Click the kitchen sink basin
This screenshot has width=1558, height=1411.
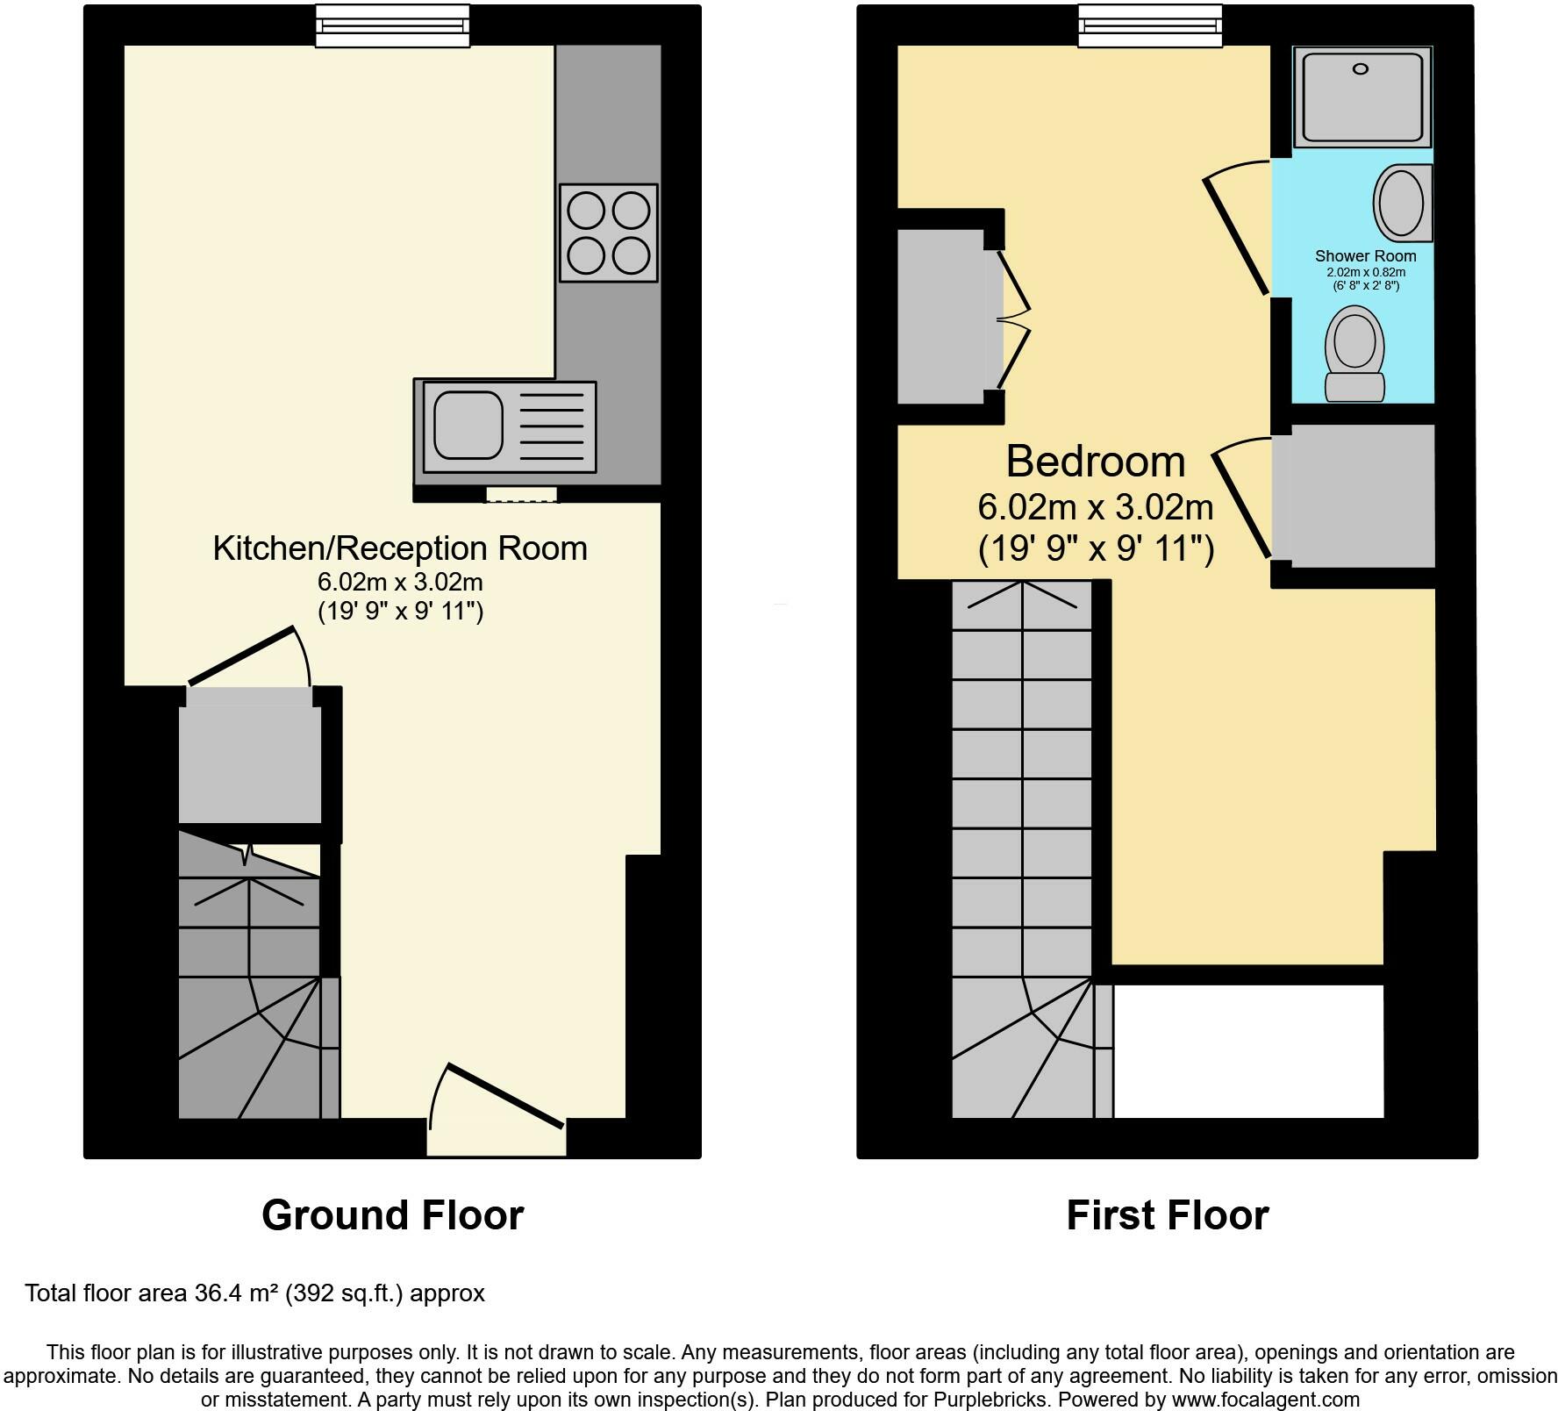pyautogui.click(x=468, y=426)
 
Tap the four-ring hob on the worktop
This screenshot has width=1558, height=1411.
pyautogui.click(x=608, y=233)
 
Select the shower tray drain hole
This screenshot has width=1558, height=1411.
pyautogui.click(x=1361, y=69)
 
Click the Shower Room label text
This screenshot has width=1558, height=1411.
pyautogui.click(x=1365, y=256)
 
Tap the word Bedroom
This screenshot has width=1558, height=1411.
pyautogui.click(x=1095, y=462)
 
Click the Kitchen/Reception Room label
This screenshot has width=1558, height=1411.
pyautogui.click(x=400, y=548)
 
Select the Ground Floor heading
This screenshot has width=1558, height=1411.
pyautogui.click(x=392, y=1215)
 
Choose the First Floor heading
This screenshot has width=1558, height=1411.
pyautogui.click(x=1167, y=1215)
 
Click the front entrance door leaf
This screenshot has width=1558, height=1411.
pyautogui.click(x=505, y=1095)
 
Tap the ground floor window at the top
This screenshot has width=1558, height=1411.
pyautogui.click(x=392, y=25)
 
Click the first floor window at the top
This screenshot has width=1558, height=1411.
pyautogui.click(x=1149, y=25)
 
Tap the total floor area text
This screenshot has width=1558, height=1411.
pyautogui.click(x=254, y=1293)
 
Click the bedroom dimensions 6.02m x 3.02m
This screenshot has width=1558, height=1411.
pyautogui.click(x=1095, y=507)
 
